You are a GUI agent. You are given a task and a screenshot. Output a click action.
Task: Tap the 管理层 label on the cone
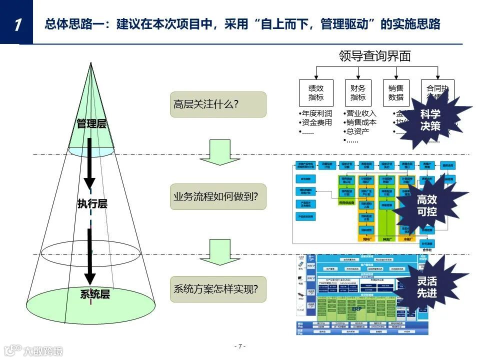(x=91, y=123)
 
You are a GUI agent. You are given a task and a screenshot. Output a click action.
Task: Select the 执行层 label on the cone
(x=92, y=203)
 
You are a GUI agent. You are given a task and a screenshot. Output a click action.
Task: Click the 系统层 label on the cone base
(x=94, y=294)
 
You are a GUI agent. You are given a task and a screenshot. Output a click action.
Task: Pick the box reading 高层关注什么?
(x=218, y=104)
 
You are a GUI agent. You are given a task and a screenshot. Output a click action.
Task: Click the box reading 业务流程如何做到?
(x=218, y=196)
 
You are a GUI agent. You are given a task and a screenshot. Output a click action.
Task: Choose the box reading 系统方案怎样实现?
(x=218, y=289)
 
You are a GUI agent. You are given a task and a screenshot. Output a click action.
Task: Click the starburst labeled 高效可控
(x=426, y=205)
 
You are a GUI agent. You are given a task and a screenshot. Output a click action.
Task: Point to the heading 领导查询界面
(x=374, y=56)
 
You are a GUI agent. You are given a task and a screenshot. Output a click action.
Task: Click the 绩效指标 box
(x=316, y=92)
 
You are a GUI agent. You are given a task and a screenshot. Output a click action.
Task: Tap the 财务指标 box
(x=358, y=92)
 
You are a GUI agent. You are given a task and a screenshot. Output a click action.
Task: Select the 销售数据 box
(x=396, y=92)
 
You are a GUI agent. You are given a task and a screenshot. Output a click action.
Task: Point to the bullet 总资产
(x=357, y=131)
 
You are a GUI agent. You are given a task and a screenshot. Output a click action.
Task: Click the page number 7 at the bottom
(x=240, y=346)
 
